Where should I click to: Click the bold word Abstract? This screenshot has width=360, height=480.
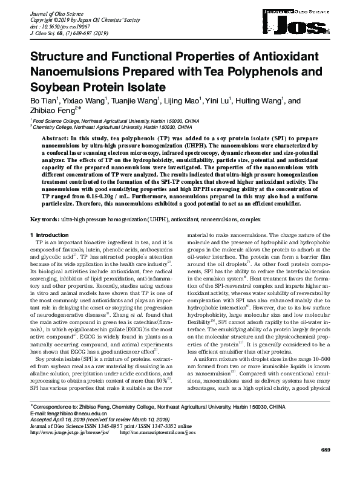[x=55, y=138]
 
